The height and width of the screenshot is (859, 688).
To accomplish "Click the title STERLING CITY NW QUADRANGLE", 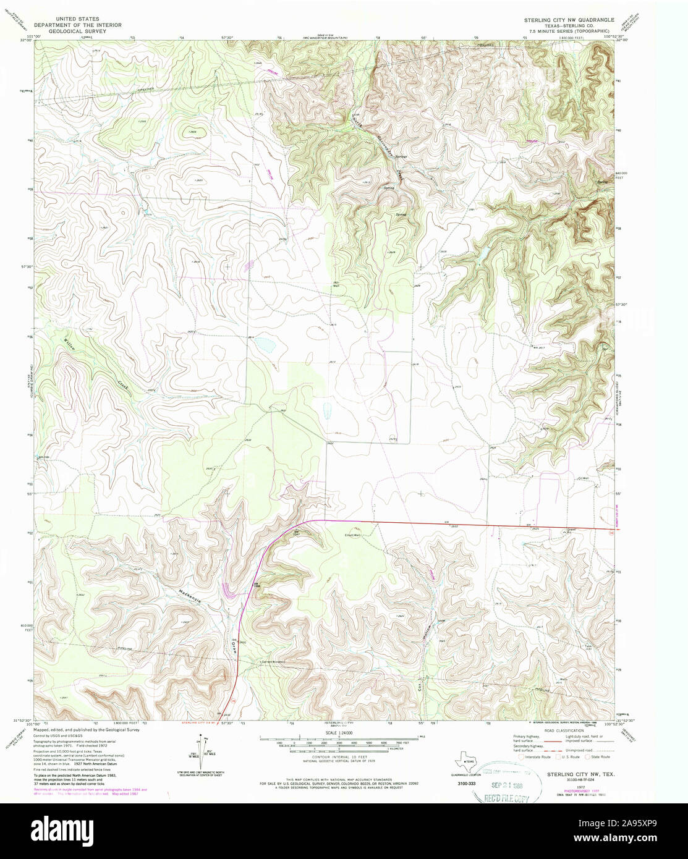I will coord(569,20).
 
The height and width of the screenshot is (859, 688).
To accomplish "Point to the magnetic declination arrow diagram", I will coord(197,751).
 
